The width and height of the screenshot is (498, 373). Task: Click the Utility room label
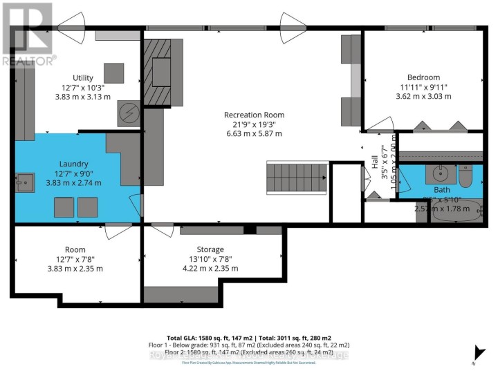(x=82, y=78)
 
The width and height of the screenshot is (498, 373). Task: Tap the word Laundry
(x=73, y=164)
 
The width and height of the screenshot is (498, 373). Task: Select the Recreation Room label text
(x=254, y=115)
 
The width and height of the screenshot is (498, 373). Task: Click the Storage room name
(x=210, y=249)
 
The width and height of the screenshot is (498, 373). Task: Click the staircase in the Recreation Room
(x=297, y=179)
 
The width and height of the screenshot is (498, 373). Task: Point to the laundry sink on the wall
(x=24, y=182)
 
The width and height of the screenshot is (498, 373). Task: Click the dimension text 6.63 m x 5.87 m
(x=254, y=133)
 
